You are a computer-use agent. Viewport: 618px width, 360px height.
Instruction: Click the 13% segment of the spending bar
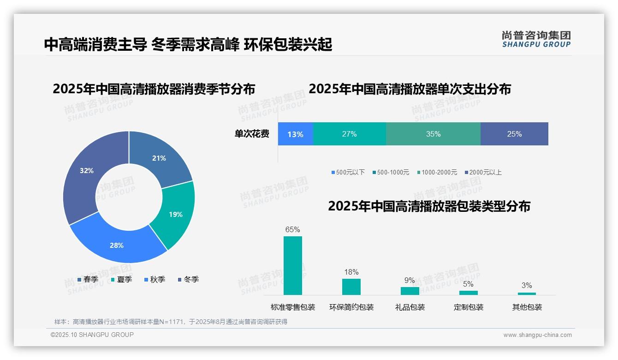(x=295, y=134)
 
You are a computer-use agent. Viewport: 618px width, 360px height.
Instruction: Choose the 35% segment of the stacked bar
(x=433, y=134)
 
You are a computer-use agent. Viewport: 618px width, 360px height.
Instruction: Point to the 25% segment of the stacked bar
(x=514, y=134)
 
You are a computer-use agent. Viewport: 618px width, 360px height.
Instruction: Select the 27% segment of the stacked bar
(x=349, y=134)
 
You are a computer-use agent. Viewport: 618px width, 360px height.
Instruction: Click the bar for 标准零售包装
(x=292, y=265)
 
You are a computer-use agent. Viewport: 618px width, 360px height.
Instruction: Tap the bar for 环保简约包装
(x=351, y=287)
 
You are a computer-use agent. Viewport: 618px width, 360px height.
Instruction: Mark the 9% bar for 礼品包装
(x=410, y=291)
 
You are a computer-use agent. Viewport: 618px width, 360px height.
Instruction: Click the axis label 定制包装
(x=469, y=307)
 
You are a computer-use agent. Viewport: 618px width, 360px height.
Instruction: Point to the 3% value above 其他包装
(x=527, y=285)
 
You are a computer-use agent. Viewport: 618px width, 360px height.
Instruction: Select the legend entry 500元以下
(x=348, y=172)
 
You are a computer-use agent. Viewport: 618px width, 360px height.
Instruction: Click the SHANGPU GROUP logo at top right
(x=536, y=39)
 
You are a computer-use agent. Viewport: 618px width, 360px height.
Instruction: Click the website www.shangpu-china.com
(x=537, y=335)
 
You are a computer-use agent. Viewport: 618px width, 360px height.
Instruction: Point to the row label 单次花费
(x=252, y=134)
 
